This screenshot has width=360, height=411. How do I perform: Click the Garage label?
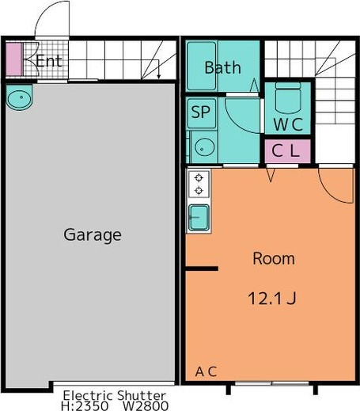coord(93,234)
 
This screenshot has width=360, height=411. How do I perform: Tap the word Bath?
coord(223,67)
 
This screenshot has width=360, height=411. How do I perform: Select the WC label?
coord(288,124)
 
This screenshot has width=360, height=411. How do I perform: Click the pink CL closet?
coord(287,151)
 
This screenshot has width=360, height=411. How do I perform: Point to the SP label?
coord(201,112)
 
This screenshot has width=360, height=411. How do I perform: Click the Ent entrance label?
coord(49,61)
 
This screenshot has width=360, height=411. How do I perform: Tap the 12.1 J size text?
coord(272,299)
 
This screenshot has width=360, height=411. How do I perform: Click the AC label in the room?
coord(206,371)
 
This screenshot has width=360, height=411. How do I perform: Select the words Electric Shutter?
coord(115,395)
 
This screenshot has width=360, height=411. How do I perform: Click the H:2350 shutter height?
coord(85,405)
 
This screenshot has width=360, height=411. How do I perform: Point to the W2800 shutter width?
coord(146,405)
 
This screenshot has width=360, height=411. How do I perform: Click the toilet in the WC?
coord(288,97)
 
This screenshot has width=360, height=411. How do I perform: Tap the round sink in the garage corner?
coord(19,97)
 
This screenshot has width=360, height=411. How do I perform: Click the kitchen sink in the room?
coord(199,218)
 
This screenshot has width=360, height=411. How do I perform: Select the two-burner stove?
coord(199,185)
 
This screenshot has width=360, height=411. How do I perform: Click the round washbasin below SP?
coord(204,147)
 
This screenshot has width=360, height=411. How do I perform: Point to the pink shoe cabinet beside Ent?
coord(13,59)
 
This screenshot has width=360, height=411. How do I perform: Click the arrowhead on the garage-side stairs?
coord(159,76)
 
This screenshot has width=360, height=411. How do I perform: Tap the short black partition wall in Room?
coord(202,268)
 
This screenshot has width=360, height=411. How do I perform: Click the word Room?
coord(274,258)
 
